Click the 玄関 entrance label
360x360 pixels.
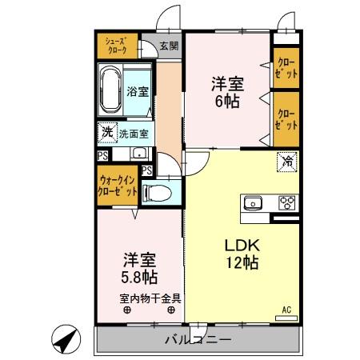(x=168, y=46)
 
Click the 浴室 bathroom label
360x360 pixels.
(x=137, y=91)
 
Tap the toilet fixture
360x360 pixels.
(x=158, y=192)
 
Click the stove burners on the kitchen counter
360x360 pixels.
(x=286, y=202)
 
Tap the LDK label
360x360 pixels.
(x=241, y=242)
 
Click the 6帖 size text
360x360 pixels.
(x=226, y=102)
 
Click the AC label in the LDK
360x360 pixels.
(x=286, y=307)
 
